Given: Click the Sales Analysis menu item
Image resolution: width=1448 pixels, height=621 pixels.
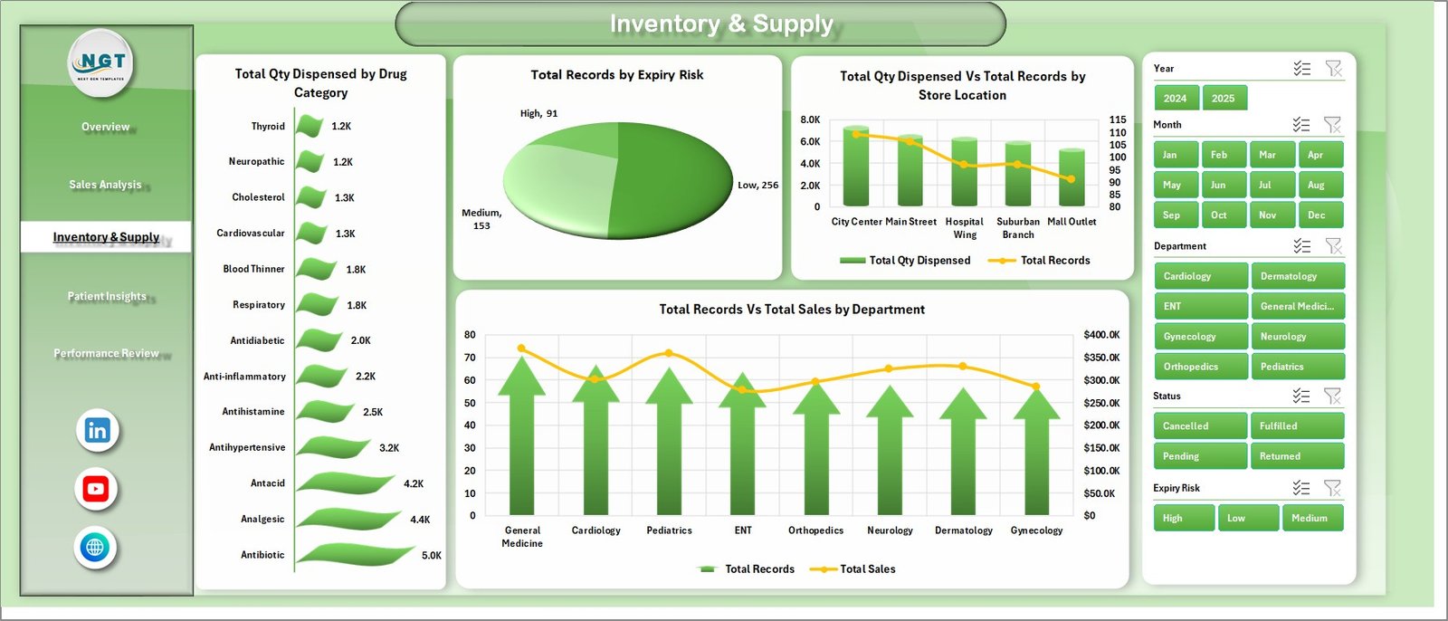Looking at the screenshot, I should tap(105, 185).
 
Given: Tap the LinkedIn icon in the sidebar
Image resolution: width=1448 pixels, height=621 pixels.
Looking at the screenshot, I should tap(97, 431).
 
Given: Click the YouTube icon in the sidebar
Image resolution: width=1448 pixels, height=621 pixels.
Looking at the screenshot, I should tap(96, 490).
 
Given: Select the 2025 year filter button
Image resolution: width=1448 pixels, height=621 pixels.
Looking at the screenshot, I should tap(1224, 99).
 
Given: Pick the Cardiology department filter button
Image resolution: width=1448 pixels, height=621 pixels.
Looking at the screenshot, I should tap(1200, 276).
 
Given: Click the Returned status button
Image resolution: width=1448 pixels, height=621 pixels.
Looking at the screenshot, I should tap(1296, 456).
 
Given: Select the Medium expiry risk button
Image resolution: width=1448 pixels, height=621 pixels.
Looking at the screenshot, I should tap(1311, 518).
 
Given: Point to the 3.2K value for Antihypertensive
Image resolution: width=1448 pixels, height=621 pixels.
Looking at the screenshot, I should tap(389, 448).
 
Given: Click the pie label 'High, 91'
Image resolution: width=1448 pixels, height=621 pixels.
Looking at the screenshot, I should tap(538, 113).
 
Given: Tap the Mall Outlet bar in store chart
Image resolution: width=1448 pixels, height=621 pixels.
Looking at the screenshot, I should tap(1072, 177).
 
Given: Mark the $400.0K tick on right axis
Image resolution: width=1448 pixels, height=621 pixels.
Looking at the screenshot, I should tap(1101, 335).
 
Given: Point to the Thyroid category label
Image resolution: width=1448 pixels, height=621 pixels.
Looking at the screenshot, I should tap(268, 127).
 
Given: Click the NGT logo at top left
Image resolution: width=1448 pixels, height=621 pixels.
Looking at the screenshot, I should tap(102, 63).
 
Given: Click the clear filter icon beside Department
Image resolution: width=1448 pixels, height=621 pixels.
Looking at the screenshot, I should tap(1332, 246).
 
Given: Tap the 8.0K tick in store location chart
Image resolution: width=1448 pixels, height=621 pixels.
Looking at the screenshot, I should tap(810, 119).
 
